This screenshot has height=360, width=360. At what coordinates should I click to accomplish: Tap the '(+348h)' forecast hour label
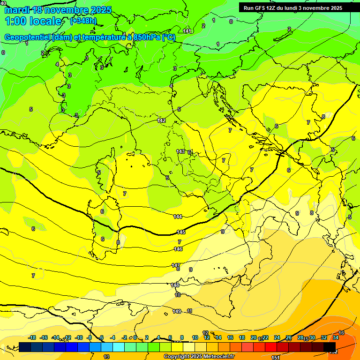(x=83, y=21)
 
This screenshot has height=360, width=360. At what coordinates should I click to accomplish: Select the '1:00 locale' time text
(x=33, y=21)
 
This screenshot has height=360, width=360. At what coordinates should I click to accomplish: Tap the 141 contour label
(x=187, y=31)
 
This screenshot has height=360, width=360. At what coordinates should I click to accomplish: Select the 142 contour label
(x=162, y=120)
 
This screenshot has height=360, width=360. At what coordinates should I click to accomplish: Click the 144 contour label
(x=178, y=217)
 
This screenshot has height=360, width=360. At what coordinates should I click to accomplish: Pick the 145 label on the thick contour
(x=181, y=232)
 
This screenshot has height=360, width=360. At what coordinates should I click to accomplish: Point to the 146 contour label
(x=178, y=249)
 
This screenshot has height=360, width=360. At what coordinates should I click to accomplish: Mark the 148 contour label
(x=175, y=285)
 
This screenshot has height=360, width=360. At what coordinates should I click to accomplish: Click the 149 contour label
(x=177, y=311)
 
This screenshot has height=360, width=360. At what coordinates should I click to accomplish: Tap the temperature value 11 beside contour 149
(x=189, y=311)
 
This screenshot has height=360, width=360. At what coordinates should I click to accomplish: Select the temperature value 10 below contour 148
(x=178, y=295)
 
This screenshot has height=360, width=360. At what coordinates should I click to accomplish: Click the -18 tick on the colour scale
(x=32, y=337)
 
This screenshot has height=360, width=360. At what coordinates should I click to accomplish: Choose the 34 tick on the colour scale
(x=336, y=337)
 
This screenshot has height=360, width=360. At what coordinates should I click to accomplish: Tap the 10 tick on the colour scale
(x=195, y=337)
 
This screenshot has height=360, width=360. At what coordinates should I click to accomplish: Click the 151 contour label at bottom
(x=276, y=357)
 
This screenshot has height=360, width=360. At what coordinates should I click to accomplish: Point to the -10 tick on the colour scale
(x=79, y=337)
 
